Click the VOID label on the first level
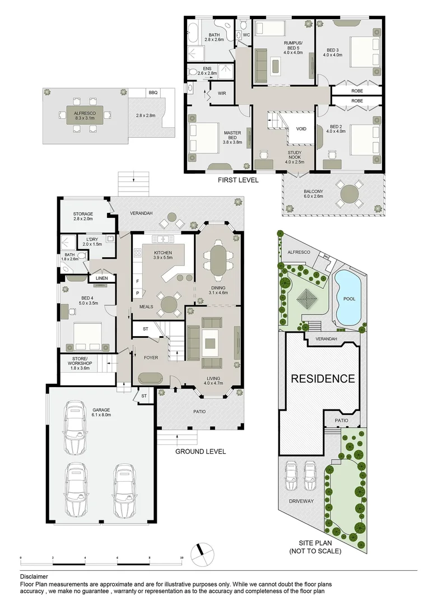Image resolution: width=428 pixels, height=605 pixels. click(301, 129)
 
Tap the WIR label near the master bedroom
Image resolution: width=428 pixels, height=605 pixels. click(221, 94)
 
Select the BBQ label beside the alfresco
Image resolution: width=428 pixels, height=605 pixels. click(153, 93)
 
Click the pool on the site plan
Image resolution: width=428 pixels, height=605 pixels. click(348, 299)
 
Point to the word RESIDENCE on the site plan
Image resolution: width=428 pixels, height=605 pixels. click(323, 379)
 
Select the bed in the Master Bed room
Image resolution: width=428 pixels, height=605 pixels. click(204, 138)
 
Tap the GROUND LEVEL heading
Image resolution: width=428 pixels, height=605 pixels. click(201, 452)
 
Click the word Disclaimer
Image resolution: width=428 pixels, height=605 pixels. click(34, 576)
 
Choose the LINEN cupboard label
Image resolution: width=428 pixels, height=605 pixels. click(101, 278)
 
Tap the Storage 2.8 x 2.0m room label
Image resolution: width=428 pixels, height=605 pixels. click(83, 217)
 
